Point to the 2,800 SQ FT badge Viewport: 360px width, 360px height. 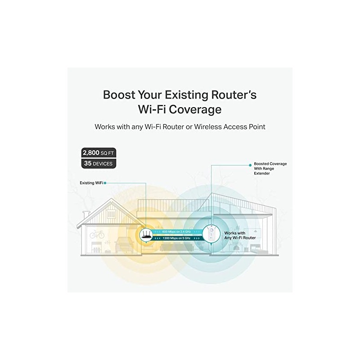(99, 152)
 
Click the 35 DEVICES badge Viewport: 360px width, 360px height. (99, 163)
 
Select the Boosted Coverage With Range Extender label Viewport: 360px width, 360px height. (270, 168)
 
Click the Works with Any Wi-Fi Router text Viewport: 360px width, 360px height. (240, 235)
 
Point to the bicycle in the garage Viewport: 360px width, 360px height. (97, 234)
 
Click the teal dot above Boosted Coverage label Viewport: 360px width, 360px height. (248, 164)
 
